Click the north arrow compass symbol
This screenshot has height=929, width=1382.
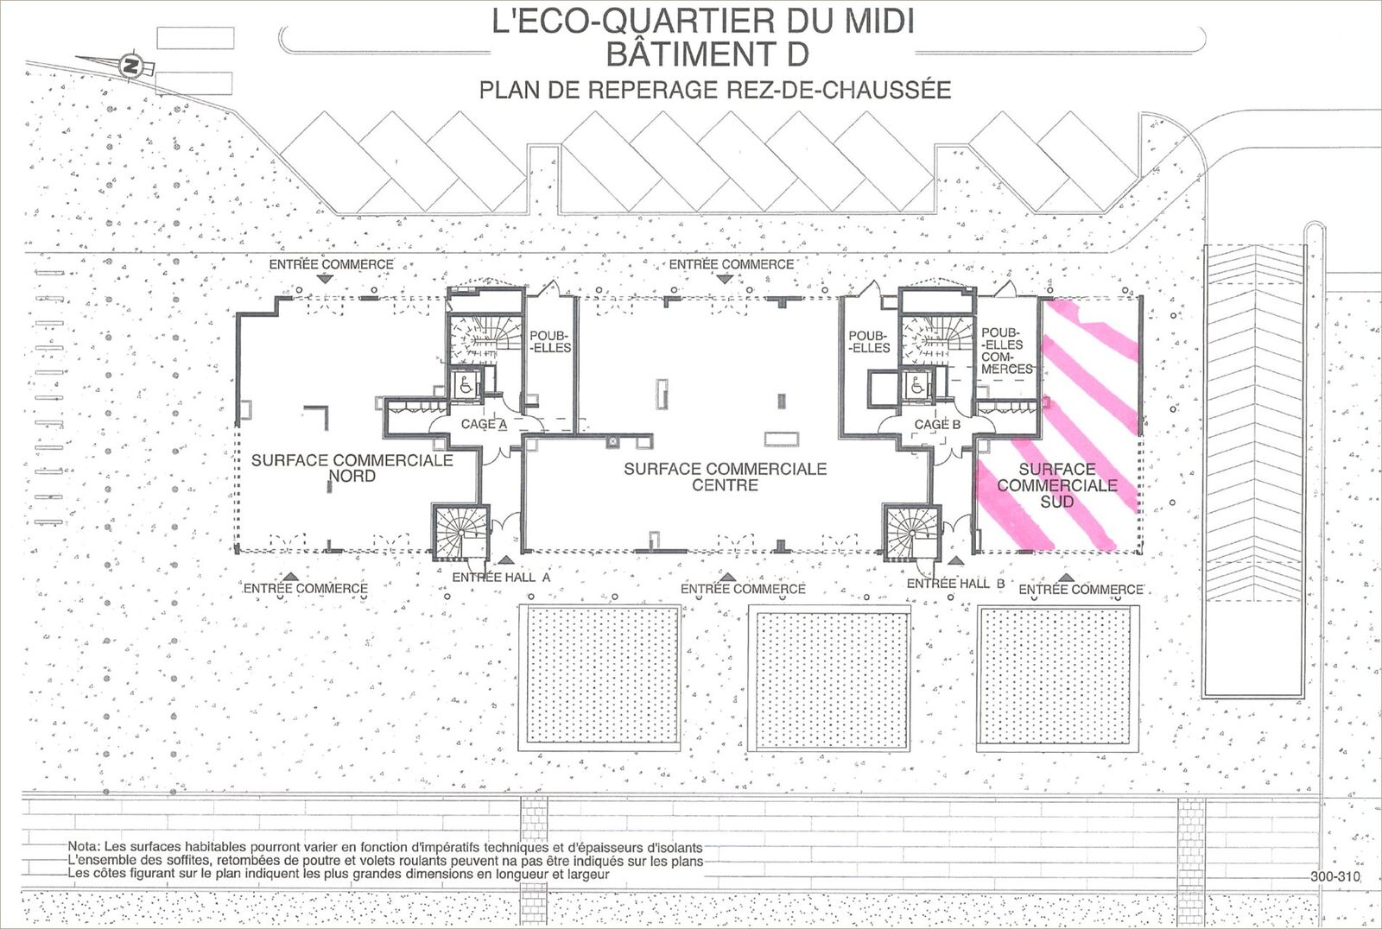(x=130, y=65)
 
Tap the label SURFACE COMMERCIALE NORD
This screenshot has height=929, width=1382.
(x=352, y=468)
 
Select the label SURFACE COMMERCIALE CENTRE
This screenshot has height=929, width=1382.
(x=725, y=477)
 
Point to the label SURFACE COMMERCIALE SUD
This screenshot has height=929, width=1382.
(x=1057, y=485)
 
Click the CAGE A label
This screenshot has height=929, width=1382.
(x=485, y=425)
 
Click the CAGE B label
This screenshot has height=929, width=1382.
(x=937, y=425)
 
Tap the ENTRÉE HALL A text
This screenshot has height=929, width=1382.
(x=501, y=578)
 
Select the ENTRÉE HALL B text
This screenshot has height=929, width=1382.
(x=955, y=584)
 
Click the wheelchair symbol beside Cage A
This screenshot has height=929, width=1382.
(x=466, y=386)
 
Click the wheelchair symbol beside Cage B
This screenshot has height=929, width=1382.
(x=917, y=386)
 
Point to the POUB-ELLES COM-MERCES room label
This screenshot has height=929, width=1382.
(x=1007, y=351)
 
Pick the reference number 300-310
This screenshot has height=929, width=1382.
(x=1335, y=876)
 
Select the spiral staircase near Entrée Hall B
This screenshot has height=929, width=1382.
(x=912, y=533)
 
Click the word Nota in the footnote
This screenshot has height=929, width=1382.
(x=84, y=847)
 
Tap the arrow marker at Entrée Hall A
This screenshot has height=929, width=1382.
(x=506, y=559)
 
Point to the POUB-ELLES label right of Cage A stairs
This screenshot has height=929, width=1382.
(x=549, y=342)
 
